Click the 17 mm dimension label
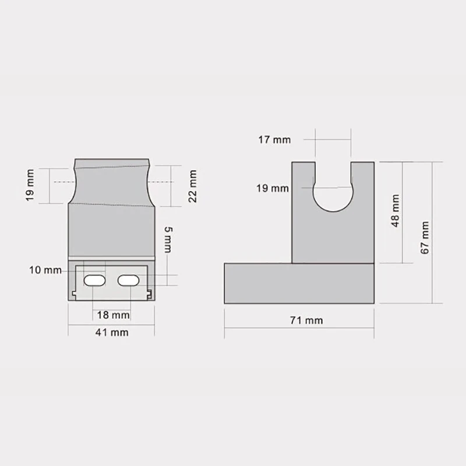[274, 140]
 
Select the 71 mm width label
[306, 320]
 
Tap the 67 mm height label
[425, 238]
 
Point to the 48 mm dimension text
[396, 211]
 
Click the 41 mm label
[112, 332]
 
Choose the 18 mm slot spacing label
[113, 315]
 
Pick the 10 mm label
[45, 270]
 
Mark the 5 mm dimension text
[168, 239]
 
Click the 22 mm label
[193, 186]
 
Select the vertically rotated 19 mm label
[30, 185]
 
